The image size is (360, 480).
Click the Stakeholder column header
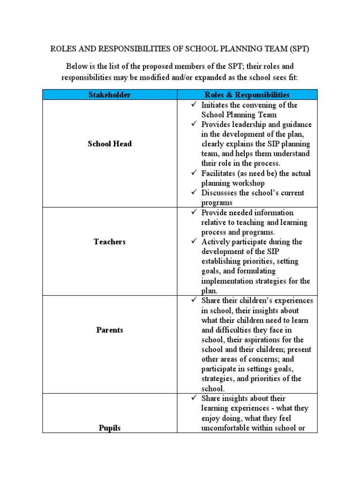pyautogui.click(x=109, y=95)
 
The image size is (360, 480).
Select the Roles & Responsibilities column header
pyautogui.click(x=247, y=95)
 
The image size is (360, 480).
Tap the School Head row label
pyautogui.click(x=109, y=144)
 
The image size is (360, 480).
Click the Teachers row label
pyautogui.click(x=109, y=242)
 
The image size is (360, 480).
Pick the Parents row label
pyautogui.click(x=109, y=330)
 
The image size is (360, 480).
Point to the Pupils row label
pyautogui.click(x=109, y=428)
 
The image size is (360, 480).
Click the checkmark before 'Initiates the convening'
pyautogui.click(x=194, y=105)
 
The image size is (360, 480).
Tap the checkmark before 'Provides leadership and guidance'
pyautogui.click(x=194, y=125)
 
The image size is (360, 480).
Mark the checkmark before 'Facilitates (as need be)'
pyautogui.click(x=194, y=173)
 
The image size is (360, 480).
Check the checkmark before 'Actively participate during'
pyautogui.click(x=194, y=242)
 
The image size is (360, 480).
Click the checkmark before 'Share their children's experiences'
pyautogui.click(x=194, y=300)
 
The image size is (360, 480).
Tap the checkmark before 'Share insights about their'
pyautogui.click(x=194, y=398)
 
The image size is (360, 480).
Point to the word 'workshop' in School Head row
pyautogui.click(x=247, y=183)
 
